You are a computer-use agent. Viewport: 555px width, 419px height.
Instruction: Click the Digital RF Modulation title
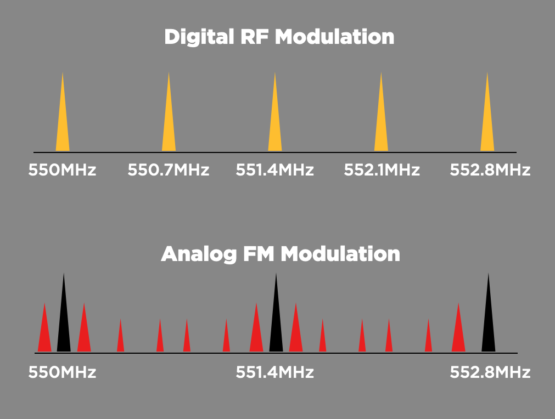pyautogui.click(x=279, y=37)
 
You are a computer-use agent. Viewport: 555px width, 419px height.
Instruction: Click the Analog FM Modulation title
pyautogui.click(x=280, y=254)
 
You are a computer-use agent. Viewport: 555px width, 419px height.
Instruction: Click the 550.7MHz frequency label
pyautogui.click(x=169, y=170)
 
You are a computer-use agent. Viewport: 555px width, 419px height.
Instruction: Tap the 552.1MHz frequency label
pyautogui.click(x=382, y=170)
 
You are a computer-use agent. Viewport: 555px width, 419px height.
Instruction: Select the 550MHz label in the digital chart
pyautogui.click(x=62, y=170)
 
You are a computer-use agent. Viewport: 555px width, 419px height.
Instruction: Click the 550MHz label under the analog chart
pyautogui.click(x=62, y=373)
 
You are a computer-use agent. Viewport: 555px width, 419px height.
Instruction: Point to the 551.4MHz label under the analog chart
pyautogui.click(x=275, y=373)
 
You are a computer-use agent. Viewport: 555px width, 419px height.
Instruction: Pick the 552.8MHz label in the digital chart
pyautogui.click(x=490, y=170)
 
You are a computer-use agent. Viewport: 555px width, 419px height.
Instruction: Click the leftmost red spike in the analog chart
pyautogui.click(x=44, y=335)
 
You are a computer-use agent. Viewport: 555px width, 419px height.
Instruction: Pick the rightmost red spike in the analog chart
pyautogui.click(x=458, y=335)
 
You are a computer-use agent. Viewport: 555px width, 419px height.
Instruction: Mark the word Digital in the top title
pyautogui.click(x=197, y=37)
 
